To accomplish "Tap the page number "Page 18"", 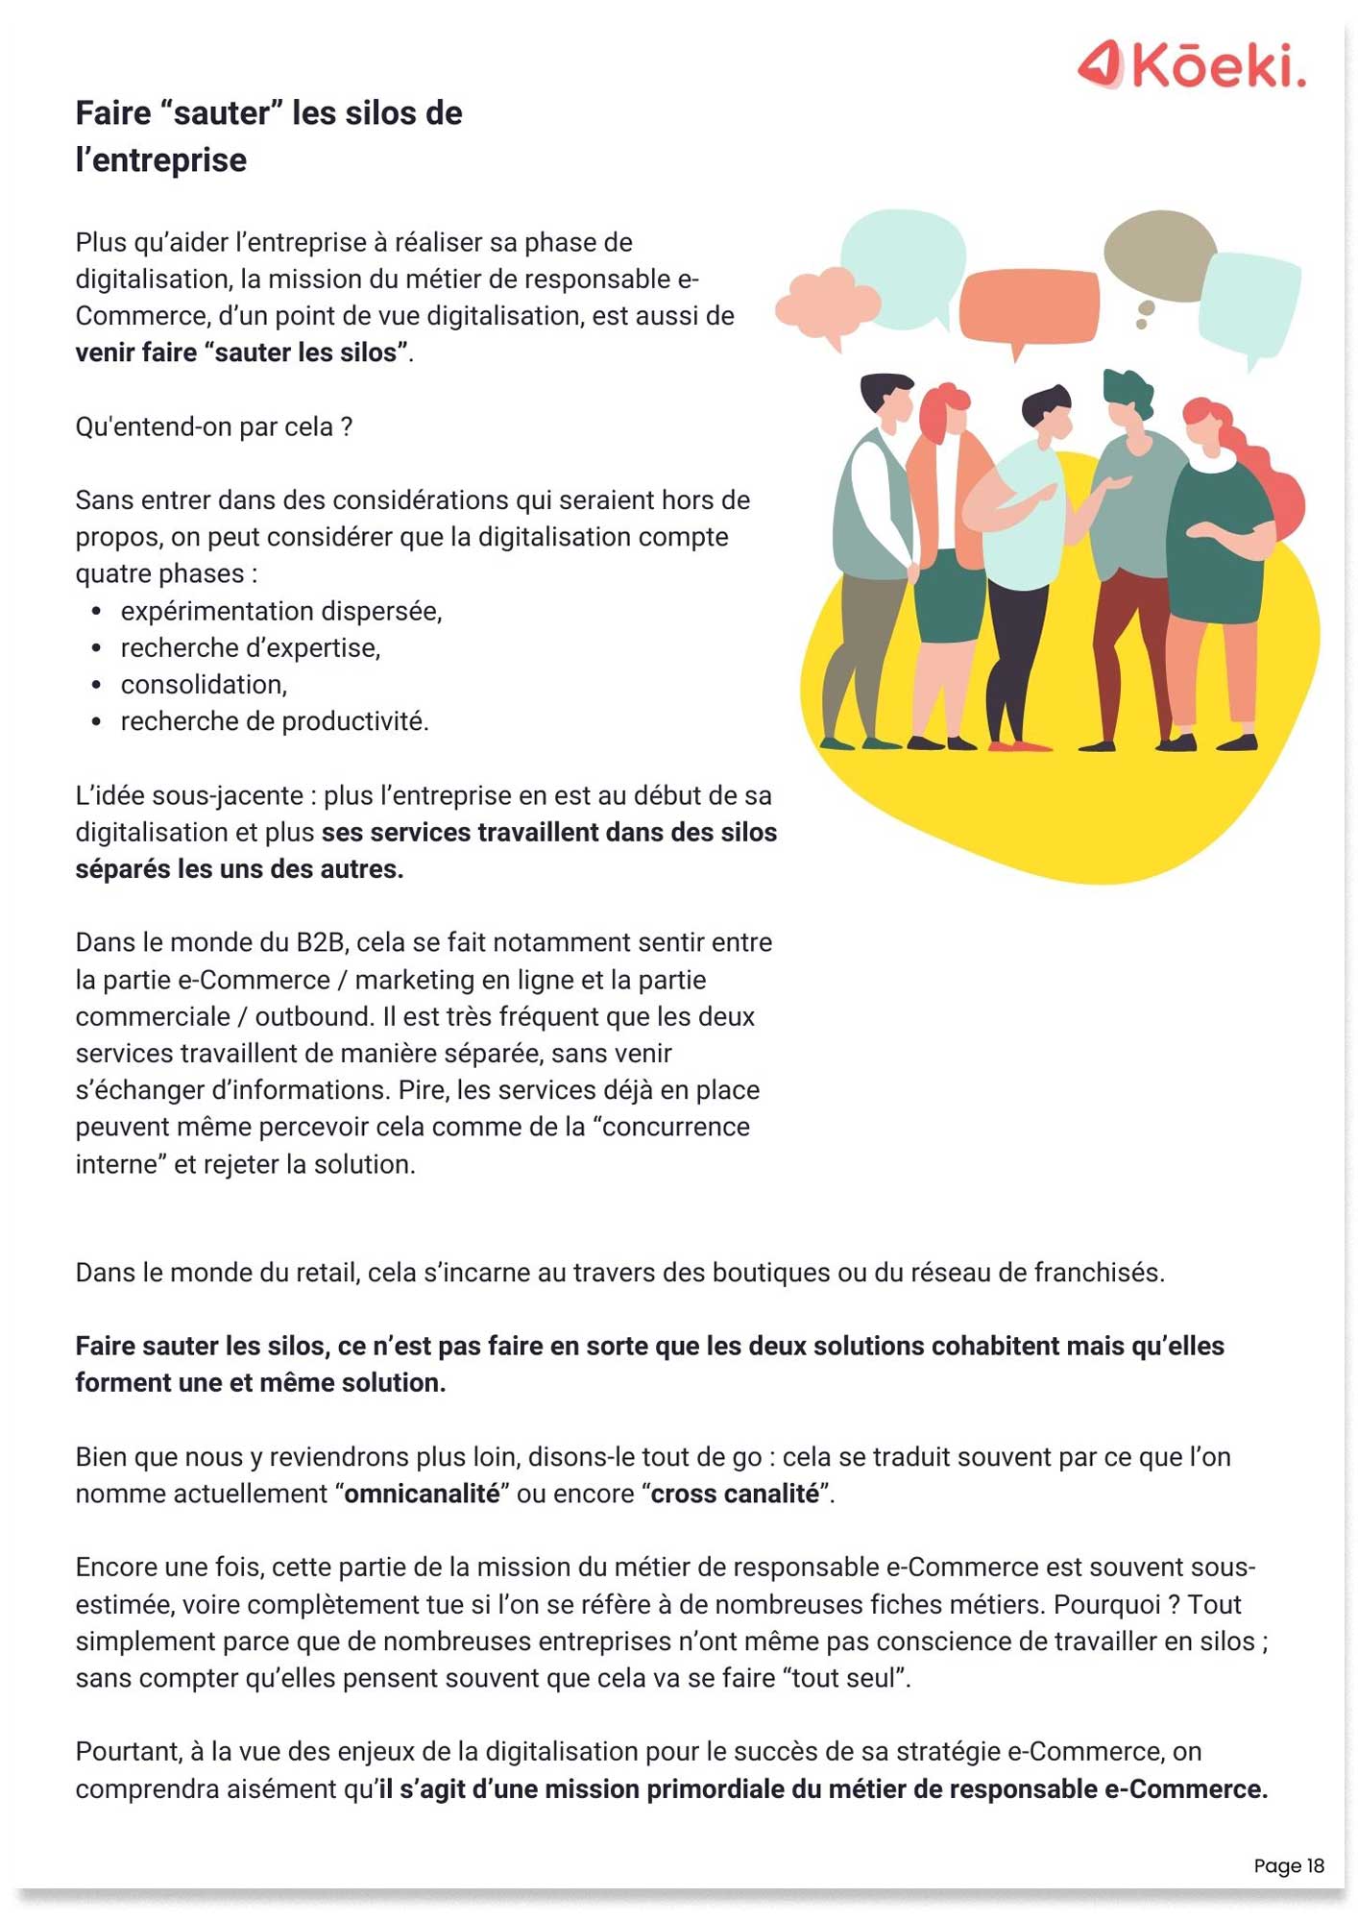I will pyautogui.click(x=1288, y=1865).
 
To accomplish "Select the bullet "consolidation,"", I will pyautogui.click(x=204, y=685).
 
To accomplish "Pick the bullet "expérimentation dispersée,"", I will pyautogui.click(x=281, y=612).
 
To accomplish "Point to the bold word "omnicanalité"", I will pyautogui.click(x=422, y=1495).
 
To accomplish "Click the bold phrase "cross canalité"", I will pyautogui.click(x=735, y=1495).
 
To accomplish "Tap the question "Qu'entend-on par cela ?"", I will pyautogui.click(x=214, y=426).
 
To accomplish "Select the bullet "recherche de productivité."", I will pyautogui.click(x=275, y=721).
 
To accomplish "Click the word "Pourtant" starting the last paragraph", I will pyautogui.click(x=127, y=1752).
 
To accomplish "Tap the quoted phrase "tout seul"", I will pyautogui.click(x=844, y=1678).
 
